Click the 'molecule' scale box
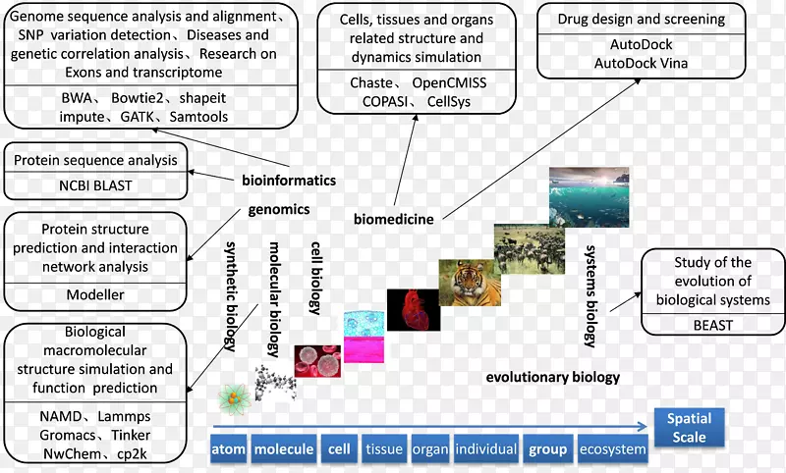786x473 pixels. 284,449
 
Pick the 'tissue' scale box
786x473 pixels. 384,449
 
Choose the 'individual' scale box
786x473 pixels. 486,449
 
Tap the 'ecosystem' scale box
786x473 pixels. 613,449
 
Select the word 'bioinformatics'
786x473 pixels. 289,180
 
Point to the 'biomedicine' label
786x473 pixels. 394,218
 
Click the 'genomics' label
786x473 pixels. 279,209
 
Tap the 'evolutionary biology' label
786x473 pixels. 553,376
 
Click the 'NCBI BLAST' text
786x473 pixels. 95,184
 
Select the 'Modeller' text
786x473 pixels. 95,294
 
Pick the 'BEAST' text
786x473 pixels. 712,325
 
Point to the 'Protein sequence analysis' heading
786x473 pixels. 95,160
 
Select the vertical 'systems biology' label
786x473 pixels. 590,295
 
